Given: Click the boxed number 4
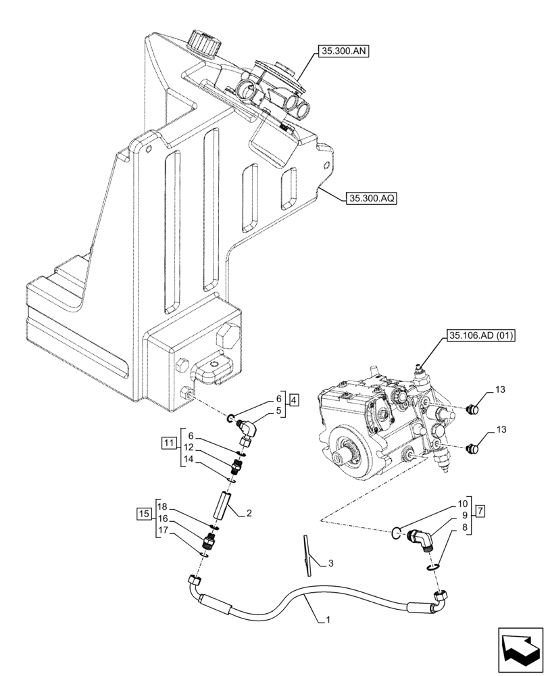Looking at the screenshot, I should point(294,400).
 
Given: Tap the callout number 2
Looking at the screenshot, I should point(249,514).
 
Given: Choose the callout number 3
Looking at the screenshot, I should point(330,563).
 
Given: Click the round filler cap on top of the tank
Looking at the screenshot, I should point(205,43).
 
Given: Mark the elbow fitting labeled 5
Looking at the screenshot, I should point(241,429).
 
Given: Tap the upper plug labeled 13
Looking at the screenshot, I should point(474,408).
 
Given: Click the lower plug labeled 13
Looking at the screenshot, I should point(474,447).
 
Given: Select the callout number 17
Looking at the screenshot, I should point(162,531).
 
